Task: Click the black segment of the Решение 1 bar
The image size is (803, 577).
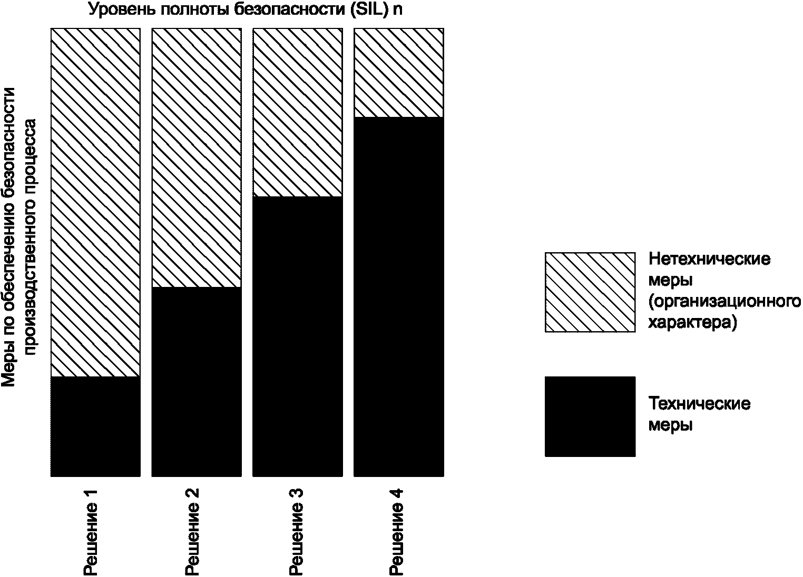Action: pos(95,426)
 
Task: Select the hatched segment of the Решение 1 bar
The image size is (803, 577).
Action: pos(95,202)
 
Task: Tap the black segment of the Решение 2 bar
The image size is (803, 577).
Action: pos(197,382)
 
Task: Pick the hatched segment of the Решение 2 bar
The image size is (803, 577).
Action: pos(197,157)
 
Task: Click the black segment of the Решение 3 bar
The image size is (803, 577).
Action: pos(298,337)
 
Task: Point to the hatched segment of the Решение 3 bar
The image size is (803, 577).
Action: pos(298,113)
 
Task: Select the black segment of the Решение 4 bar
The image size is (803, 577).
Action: pos(399,297)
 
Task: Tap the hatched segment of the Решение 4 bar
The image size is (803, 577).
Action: pos(399,73)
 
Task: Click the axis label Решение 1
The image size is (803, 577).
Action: pos(90,532)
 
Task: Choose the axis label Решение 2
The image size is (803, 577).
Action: pos(191,532)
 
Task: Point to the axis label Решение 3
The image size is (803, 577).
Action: pos(296,532)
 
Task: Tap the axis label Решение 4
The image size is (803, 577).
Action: pos(397,532)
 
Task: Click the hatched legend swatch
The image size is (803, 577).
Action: pos(590,292)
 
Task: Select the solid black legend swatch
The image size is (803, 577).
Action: pos(590,416)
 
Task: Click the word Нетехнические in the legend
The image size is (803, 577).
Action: pos(709,258)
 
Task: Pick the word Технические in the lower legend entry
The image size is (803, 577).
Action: pos(699,404)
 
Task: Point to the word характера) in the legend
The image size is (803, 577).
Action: pos(693,323)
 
